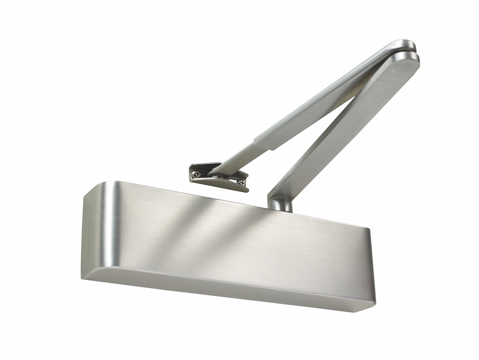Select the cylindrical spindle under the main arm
pyautogui.click(x=280, y=204)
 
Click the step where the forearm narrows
pyautogui.click(x=262, y=143)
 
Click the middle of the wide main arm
pyautogui.click(x=343, y=126)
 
